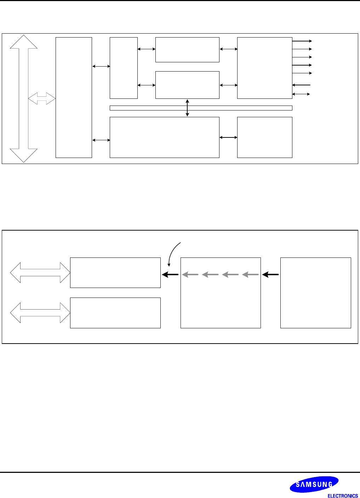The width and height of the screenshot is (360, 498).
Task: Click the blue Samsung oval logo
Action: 314,484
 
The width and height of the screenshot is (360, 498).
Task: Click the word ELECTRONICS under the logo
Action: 343,496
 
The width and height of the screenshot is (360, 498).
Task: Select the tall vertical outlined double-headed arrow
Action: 24,98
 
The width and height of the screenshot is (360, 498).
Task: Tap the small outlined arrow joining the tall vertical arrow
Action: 42,98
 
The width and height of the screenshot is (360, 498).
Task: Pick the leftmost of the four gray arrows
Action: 190,274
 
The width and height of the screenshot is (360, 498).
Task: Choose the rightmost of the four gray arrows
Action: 251,274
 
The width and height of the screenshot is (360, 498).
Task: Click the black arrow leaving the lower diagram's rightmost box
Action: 271,274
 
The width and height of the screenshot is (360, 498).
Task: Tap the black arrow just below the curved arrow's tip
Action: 170,274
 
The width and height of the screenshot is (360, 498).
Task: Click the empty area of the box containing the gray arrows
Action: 221,305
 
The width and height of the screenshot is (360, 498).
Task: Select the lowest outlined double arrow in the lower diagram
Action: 40,313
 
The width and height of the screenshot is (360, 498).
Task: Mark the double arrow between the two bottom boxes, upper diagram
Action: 228,137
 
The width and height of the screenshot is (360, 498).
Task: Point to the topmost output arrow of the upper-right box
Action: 302,41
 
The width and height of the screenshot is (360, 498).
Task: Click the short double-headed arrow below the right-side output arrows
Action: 301,94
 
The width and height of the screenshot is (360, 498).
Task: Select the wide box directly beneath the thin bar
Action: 164,137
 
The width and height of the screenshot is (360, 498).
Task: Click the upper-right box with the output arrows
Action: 264,68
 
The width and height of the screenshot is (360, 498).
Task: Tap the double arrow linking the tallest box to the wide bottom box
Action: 101,140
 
